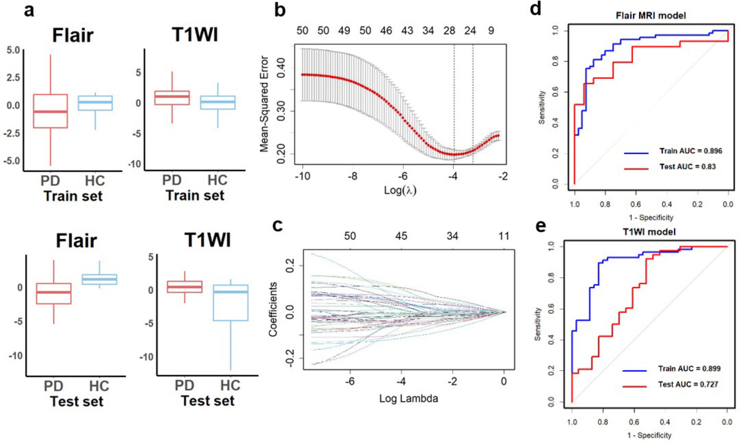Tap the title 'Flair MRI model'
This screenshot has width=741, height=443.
(x=651, y=15)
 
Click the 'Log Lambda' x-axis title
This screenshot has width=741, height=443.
(x=409, y=398)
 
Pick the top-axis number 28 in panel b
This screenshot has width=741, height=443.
(x=449, y=30)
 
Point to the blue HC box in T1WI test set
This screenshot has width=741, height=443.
(x=231, y=303)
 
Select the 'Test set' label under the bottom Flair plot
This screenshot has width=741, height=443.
(x=77, y=401)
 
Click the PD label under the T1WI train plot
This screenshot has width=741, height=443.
(x=172, y=180)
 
